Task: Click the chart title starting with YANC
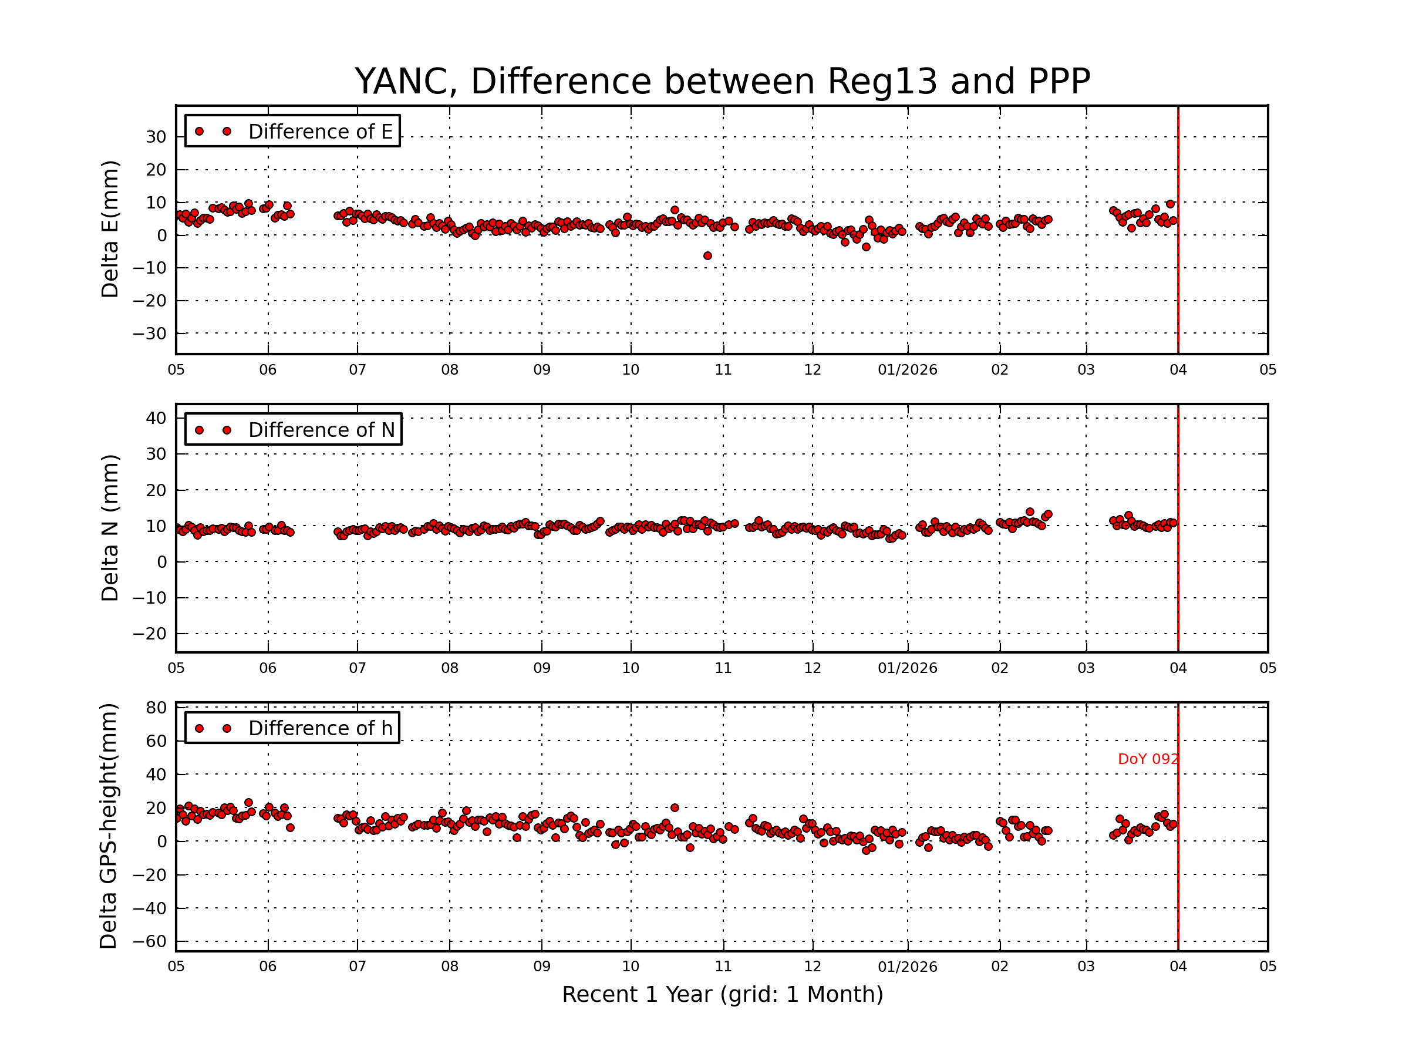[x=722, y=82]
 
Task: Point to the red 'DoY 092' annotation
[x=1148, y=759]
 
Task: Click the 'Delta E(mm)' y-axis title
[x=110, y=230]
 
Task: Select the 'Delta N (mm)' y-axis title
[x=110, y=527]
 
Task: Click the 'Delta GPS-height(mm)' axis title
[x=109, y=826]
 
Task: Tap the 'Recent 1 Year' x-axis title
[x=722, y=995]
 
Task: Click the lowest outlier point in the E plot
[x=707, y=256]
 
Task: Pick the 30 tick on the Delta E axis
[x=156, y=137]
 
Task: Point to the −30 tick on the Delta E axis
[x=150, y=334]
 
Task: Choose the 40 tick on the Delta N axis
[x=156, y=419]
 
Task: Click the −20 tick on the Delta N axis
[x=150, y=634]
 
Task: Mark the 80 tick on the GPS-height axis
[x=156, y=708]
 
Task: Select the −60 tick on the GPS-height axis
[x=150, y=942]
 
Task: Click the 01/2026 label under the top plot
[x=907, y=370]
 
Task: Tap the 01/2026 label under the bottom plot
[x=907, y=967]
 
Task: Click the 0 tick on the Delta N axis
[x=162, y=562]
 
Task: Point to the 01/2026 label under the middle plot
[x=907, y=668]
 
